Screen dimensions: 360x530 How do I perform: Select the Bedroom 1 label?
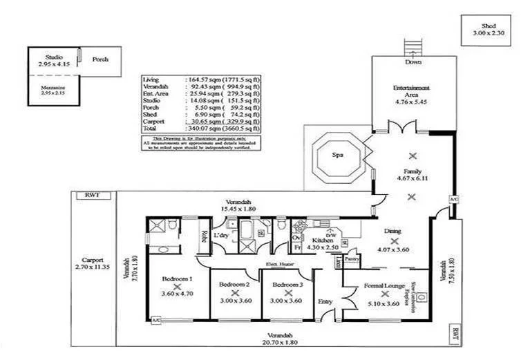point(177,278)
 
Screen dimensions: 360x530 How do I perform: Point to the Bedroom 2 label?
point(235,284)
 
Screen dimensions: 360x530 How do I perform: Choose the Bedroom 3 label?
point(287,284)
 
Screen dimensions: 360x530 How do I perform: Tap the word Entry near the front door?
point(325,301)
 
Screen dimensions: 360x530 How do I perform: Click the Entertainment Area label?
point(413,92)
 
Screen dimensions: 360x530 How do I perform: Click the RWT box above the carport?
point(93,196)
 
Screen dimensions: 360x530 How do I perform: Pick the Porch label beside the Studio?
point(100,59)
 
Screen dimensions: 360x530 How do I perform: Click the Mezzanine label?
point(53,86)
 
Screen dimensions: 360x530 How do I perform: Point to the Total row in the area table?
point(200,128)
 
